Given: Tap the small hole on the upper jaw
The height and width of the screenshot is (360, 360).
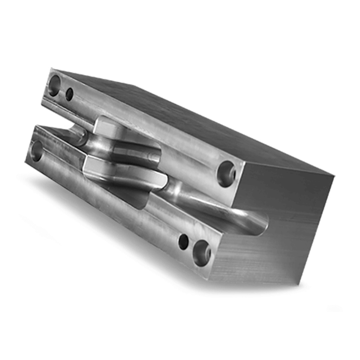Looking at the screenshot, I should [69, 94].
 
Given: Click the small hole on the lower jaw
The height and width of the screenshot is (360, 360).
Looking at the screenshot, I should [183, 242].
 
